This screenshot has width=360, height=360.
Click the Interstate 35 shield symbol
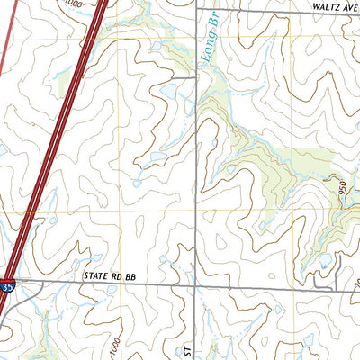point(7,286)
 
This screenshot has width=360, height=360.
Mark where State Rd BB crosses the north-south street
point(196,283)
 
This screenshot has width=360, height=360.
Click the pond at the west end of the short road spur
point(167,90)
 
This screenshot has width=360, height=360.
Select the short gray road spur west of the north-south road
point(184,79)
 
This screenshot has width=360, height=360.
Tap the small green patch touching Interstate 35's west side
point(67,85)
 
